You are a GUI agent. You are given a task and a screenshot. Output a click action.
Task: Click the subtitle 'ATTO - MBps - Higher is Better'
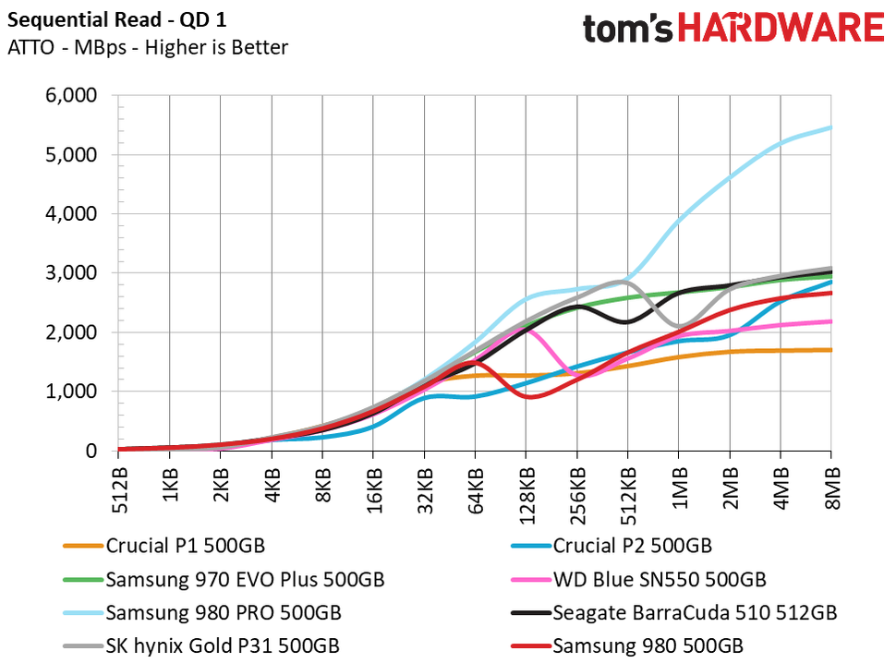[x=148, y=47]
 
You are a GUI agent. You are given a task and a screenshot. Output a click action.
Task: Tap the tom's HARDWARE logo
[x=733, y=27]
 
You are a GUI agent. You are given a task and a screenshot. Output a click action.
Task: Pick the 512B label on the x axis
[x=119, y=483]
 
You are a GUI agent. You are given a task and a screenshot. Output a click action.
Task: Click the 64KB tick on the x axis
[x=475, y=483]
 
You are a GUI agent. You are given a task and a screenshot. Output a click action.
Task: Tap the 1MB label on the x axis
[x=679, y=481]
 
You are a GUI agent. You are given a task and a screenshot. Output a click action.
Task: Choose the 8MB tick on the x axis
[x=831, y=481]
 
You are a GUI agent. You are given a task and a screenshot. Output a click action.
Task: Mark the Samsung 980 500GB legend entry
[x=647, y=645]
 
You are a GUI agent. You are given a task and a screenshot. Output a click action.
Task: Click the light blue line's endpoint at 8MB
[x=830, y=127]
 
